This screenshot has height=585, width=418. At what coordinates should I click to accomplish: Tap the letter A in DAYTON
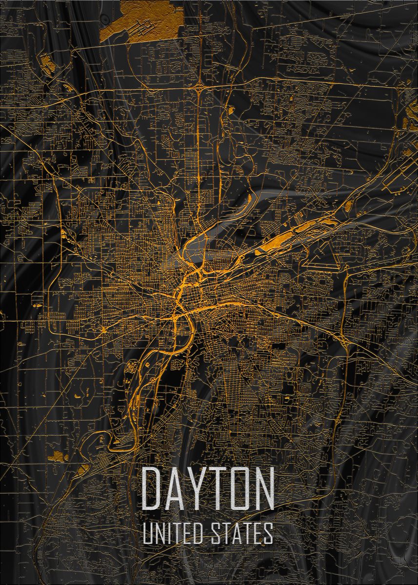pos(175,488)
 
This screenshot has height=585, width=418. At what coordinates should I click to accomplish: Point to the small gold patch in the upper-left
pos(46,62)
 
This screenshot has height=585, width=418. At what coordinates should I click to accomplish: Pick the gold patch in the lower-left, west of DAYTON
pos(59,456)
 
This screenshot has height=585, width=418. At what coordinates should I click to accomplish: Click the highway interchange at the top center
pos(199,88)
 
